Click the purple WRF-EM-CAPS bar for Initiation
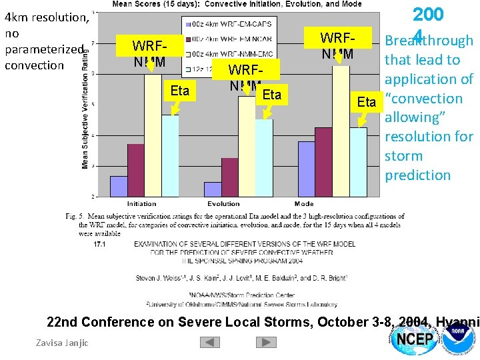[x=119, y=186]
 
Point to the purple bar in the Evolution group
[x=213, y=189]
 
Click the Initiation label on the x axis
[x=141, y=204]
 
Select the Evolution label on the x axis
[x=223, y=204]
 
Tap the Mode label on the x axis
[x=304, y=204]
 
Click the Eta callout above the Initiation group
[x=180, y=91]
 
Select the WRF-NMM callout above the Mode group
[x=338, y=45]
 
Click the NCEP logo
[x=416, y=341]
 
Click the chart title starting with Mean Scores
[x=237, y=4]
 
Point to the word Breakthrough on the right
[x=429, y=41]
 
